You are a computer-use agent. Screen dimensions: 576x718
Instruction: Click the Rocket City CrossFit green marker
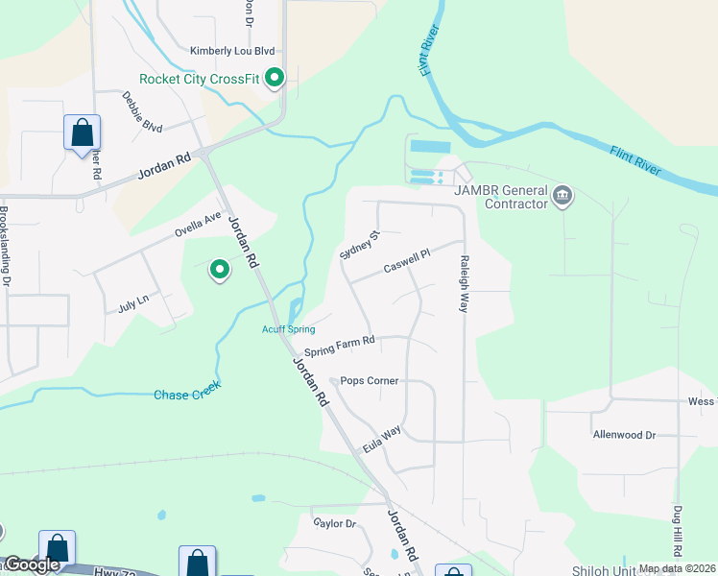(275, 78)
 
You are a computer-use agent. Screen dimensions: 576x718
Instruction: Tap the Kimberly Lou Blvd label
(232, 51)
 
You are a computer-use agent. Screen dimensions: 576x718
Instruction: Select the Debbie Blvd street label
(142, 111)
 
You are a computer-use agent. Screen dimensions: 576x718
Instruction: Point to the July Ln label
(133, 301)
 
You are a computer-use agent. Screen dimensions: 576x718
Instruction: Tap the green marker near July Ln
(220, 271)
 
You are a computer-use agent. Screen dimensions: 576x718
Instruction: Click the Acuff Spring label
(288, 329)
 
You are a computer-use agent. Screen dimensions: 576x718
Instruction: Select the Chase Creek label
(187, 390)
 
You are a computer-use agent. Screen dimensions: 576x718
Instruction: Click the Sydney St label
(361, 244)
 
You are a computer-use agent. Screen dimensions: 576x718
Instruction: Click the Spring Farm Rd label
(339, 346)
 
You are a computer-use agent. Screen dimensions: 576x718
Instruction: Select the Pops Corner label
(370, 380)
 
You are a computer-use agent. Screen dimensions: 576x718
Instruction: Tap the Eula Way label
(381, 441)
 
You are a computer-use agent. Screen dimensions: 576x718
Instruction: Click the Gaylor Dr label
(335, 523)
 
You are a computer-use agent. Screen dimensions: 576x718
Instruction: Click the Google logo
(31, 564)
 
